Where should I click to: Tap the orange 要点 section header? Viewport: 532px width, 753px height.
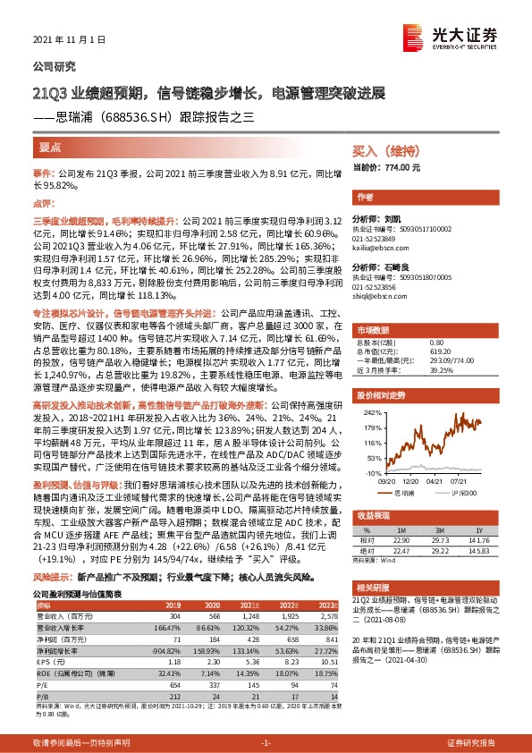tap(51, 146)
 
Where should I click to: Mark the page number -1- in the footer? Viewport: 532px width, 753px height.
tap(266, 743)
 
